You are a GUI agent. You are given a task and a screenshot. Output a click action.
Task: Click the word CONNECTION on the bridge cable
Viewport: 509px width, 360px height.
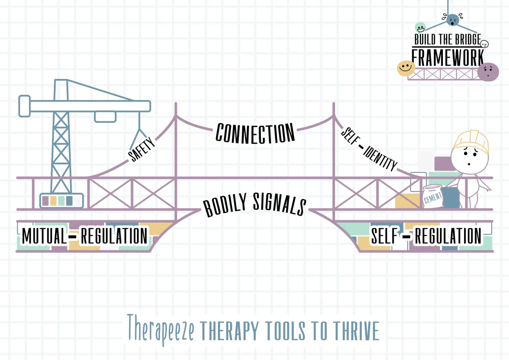click(x=255, y=133)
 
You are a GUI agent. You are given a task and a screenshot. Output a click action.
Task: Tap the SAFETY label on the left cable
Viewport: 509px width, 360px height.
click(x=141, y=149)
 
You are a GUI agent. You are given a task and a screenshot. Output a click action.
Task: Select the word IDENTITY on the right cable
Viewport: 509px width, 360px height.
click(x=380, y=158)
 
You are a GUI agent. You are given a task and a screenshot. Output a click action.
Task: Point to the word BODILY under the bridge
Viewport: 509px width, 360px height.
click(x=225, y=205)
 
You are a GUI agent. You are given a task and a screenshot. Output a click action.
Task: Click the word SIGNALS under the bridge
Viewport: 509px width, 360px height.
click(x=280, y=204)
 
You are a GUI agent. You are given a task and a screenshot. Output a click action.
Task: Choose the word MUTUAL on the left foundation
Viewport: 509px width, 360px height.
click(x=44, y=236)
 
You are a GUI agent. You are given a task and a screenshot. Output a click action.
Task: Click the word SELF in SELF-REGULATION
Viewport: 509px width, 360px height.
click(x=384, y=236)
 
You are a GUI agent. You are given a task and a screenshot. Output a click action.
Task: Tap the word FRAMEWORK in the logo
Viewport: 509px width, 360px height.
click(x=447, y=58)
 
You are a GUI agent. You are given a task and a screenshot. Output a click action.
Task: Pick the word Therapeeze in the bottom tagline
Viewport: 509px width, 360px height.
click(x=161, y=329)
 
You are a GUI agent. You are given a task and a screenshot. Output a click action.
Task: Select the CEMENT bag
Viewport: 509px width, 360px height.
click(x=432, y=196)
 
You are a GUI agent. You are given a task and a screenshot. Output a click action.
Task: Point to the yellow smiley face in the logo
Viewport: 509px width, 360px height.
click(x=406, y=68)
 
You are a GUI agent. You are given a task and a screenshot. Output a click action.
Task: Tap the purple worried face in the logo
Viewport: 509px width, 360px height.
click(x=488, y=72)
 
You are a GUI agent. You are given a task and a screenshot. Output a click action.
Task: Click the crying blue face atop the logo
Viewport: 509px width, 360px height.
click(x=453, y=20)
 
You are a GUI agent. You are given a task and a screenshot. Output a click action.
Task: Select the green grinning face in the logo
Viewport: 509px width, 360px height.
click(x=420, y=28)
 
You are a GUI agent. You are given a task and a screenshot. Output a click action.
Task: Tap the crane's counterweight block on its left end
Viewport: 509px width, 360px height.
click(x=25, y=106)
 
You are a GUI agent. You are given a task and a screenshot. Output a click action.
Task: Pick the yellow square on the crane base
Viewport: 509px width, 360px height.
click(x=53, y=201)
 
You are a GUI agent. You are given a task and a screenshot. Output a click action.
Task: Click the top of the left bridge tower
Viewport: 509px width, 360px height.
click(x=176, y=104)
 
